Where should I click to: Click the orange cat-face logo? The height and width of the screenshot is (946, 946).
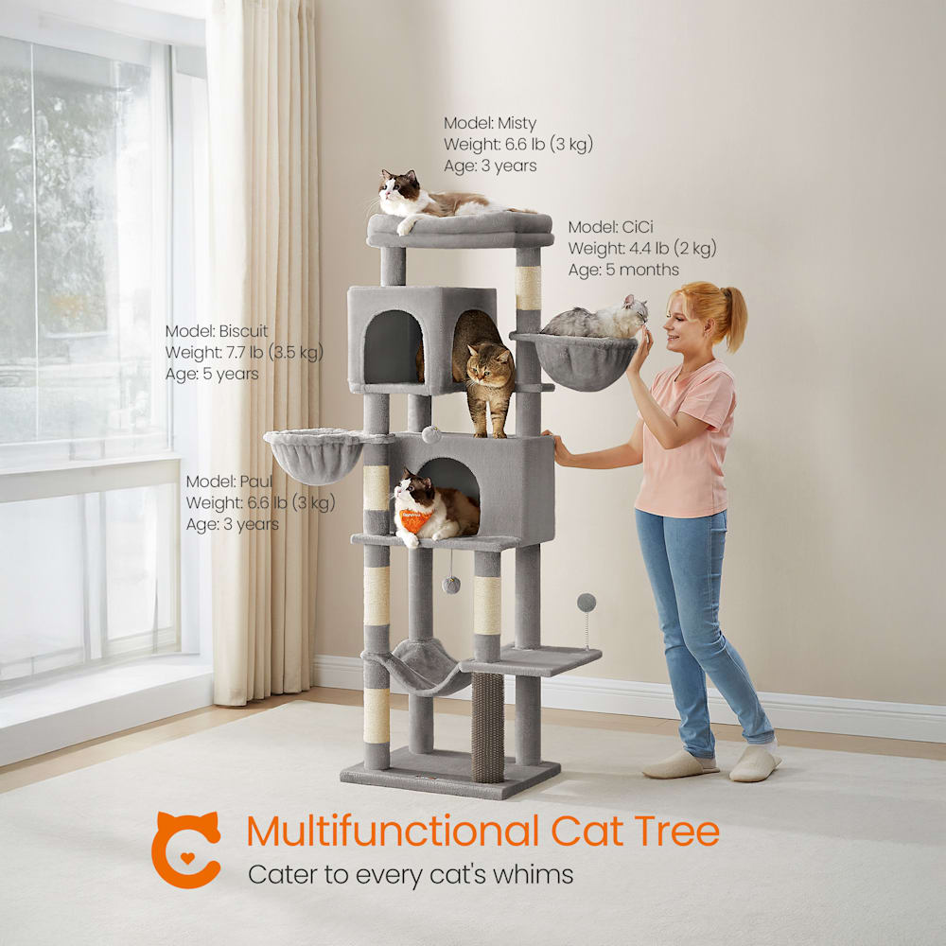click(x=185, y=850)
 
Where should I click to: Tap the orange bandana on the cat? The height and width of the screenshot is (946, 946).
click(x=414, y=519)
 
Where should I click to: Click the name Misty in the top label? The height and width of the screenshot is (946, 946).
click(x=517, y=124)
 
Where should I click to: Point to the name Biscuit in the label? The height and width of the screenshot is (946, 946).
click(x=243, y=331)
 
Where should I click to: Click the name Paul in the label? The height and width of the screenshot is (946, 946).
click(x=255, y=482)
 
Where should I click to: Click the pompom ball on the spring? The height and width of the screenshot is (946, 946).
click(x=586, y=602)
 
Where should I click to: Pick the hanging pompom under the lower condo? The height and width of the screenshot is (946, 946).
click(x=450, y=585)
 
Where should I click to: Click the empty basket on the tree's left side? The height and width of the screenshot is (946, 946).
click(x=314, y=456)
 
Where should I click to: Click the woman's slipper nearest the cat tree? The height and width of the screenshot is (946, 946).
click(x=679, y=765)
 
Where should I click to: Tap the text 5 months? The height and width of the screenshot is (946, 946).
click(x=642, y=270)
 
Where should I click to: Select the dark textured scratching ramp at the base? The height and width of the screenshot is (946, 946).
click(x=487, y=727)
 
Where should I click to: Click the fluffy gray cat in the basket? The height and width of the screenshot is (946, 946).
click(x=595, y=320)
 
